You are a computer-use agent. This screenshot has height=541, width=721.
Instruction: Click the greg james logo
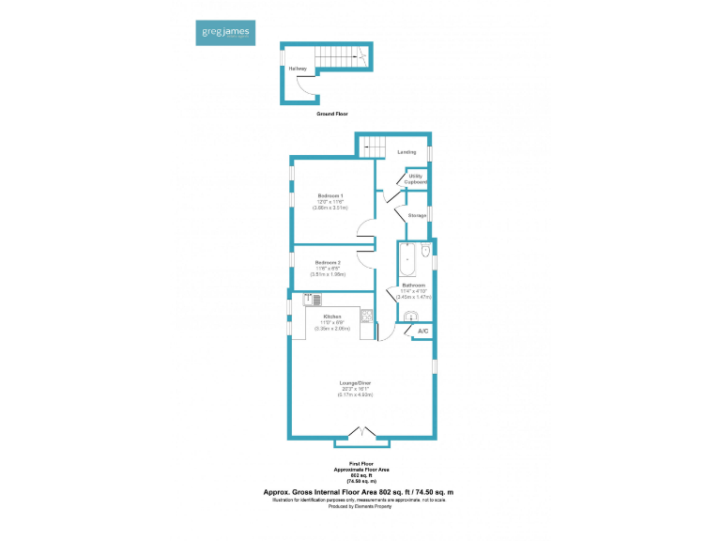pyautogui.click(x=222, y=33)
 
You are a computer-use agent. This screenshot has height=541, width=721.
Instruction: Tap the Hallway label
pyautogui.click(x=298, y=69)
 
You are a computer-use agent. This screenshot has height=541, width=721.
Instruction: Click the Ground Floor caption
pyautogui.click(x=332, y=113)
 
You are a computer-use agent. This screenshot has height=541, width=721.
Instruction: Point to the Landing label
pyautogui.click(x=407, y=151)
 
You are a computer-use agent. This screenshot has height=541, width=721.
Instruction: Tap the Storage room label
pyautogui.click(x=417, y=215)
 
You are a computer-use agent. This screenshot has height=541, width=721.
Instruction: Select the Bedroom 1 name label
pyautogui.click(x=330, y=195)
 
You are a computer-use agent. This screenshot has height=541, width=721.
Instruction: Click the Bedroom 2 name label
pyautogui.click(x=328, y=262)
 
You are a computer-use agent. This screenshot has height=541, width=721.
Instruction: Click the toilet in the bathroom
pyautogui.click(x=425, y=252)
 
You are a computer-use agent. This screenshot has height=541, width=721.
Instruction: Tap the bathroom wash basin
pyautogui.click(x=408, y=317)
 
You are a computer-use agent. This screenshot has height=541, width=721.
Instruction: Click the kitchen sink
pyautogui.click(x=313, y=300)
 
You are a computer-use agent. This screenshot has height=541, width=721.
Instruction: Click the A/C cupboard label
pyautogui.click(x=422, y=332)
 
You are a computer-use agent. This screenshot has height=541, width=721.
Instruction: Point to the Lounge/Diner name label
pyautogui.click(x=356, y=383)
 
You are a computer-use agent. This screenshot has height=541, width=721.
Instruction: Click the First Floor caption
pyautogui.click(x=360, y=464)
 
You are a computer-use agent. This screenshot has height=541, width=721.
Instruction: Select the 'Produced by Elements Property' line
pyautogui.click(x=360, y=505)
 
